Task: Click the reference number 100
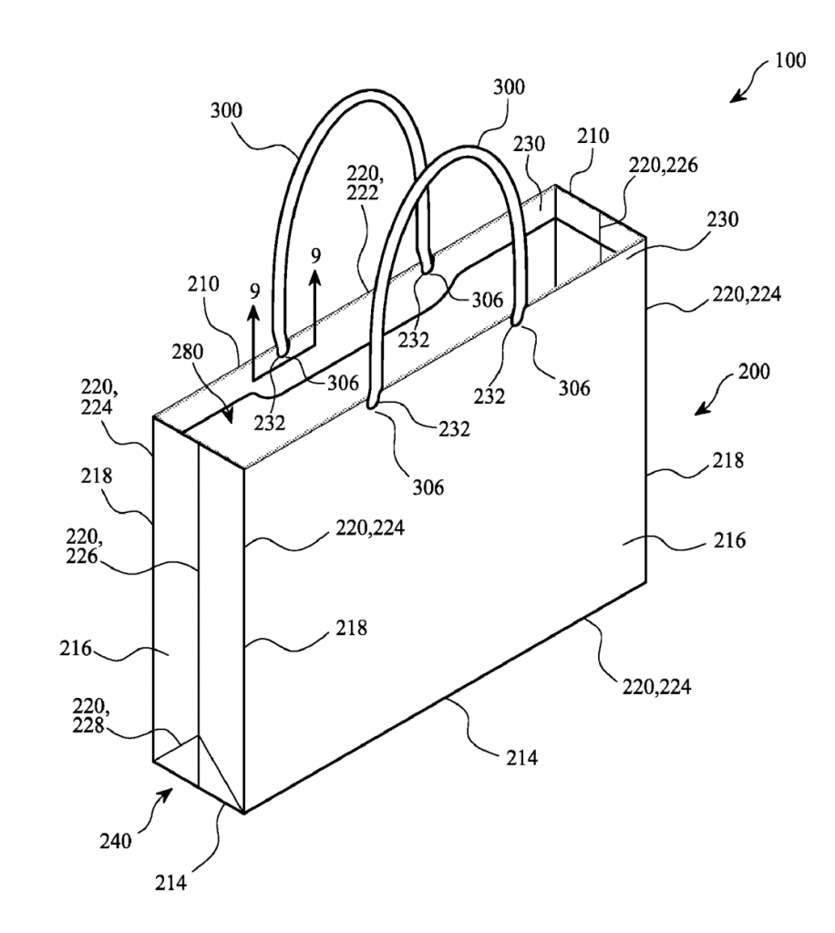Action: [789, 60]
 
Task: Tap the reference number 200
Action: [754, 372]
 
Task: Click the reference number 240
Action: [116, 841]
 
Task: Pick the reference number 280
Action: [188, 352]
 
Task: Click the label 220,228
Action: [88, 716]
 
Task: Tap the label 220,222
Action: [363, 182]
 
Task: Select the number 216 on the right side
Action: [729, 540]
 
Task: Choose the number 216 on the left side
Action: [76, 648]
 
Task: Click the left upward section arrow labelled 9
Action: [253, 343]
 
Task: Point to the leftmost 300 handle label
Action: [226, 110]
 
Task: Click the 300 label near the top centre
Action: [509, 87]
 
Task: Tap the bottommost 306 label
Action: [428, 488]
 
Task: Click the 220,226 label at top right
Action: [663, 166]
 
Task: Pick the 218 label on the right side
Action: [727, 460]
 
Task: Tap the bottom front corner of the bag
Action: [244, 813]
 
